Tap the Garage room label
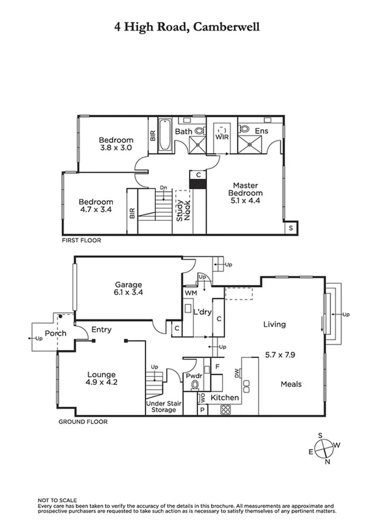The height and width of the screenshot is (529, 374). pos(127,284)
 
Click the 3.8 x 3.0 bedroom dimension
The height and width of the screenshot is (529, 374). pos(116,148)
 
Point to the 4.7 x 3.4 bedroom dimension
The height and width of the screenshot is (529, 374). pos(96,210)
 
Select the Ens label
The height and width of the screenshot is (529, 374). pos(262,131)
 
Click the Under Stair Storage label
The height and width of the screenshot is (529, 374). pos(160,406)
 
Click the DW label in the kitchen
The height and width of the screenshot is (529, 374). pos(237,372)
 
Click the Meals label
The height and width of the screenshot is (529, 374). pos(291,384)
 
